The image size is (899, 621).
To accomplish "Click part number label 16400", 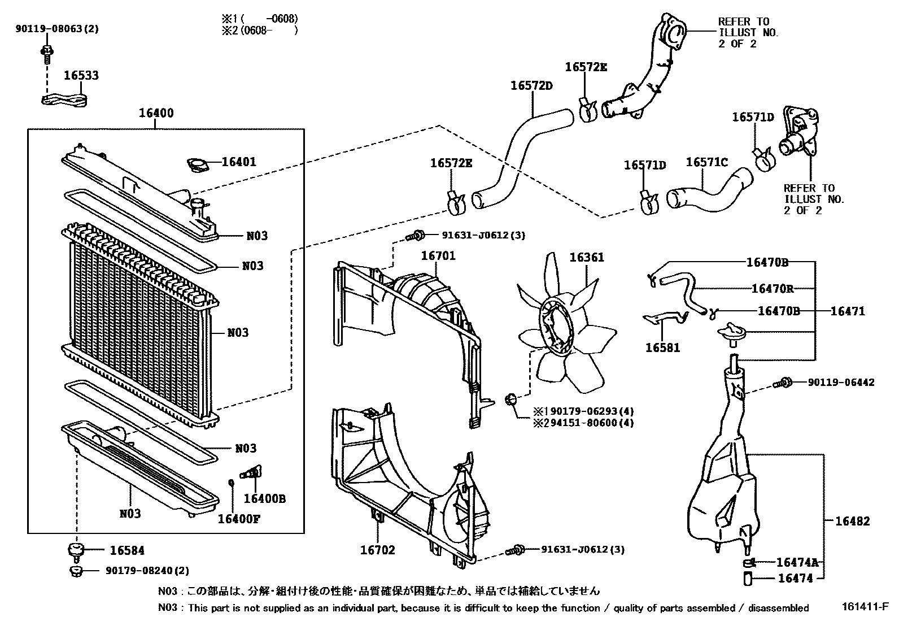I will (156, 113).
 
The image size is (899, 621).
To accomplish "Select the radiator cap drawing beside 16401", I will (198, 166).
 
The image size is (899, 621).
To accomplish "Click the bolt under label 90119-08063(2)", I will (47, 53).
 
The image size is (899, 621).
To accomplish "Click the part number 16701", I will (438, 256).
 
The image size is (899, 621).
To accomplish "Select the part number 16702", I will (378, 550).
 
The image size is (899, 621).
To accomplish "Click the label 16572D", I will (531, 85).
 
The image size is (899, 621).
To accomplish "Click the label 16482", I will (853, 521).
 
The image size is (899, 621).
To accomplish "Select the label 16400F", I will (238, 518).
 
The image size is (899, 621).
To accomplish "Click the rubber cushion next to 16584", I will (76, 550).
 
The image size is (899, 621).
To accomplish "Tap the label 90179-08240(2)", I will (147, 570).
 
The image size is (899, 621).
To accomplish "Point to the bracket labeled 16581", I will (666, 319).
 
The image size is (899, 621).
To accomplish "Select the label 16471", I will (848, 311).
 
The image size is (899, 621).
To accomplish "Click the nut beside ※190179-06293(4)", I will (512, 400).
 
